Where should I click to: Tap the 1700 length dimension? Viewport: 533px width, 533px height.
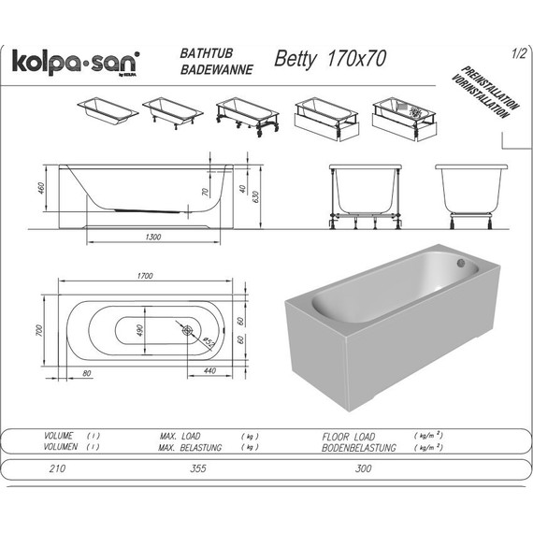[x=146, y=277]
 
